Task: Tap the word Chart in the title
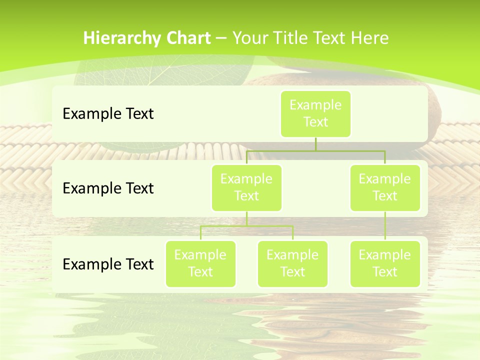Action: [187, 38]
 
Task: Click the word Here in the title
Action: [369, 38]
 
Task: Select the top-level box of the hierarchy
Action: [315, 113]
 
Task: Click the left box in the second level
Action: [246, 187]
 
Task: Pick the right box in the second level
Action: [385, 187]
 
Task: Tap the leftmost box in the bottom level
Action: [200, 263]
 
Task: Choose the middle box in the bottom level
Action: [292, 263]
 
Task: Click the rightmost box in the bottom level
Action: [385, 263]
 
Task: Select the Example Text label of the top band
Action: [108, 113]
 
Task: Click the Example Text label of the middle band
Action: [108, 188]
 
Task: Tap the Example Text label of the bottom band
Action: [108, 264]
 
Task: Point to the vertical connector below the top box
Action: [315, 144]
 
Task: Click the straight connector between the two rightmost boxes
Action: [385, 225]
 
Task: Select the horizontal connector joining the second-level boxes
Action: [315, 150]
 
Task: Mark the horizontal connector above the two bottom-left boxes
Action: [246, 226]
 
